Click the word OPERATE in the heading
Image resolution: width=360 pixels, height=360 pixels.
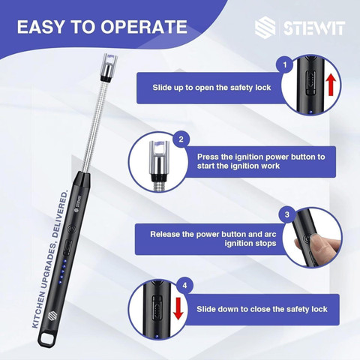coord(144,27)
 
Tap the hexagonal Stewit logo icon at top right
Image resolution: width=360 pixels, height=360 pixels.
coord(265,27)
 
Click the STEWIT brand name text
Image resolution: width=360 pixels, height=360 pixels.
coord(314,28)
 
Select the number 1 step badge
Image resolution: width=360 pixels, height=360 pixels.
coord(285,64)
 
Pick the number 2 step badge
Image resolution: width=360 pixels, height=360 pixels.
coord(181,139)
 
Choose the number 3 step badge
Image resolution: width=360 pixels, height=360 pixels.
coord(287,214)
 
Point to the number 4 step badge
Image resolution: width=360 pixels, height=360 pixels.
coord(184,285)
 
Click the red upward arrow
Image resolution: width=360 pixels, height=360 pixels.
coord(331,85)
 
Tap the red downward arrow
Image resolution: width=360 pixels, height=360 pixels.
coord(178,308)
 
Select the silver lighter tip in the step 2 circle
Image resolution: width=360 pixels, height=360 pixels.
coord(159,160)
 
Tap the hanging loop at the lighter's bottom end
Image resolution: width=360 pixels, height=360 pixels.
coord(46,338)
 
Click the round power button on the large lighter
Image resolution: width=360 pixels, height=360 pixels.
coord(72,228)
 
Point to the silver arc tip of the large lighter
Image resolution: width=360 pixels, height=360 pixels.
coord(109,67)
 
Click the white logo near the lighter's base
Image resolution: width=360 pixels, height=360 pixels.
coord(52,315)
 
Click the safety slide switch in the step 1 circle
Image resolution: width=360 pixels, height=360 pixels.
coord(310,82)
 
